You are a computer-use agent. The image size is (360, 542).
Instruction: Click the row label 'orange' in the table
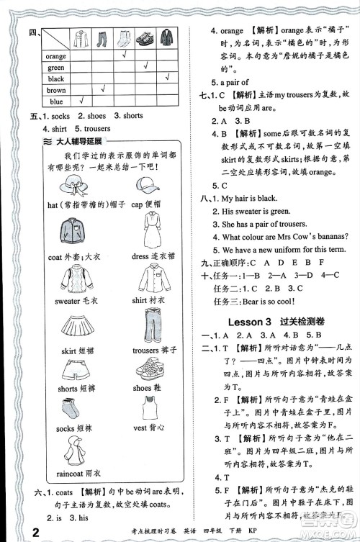(55, 55)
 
